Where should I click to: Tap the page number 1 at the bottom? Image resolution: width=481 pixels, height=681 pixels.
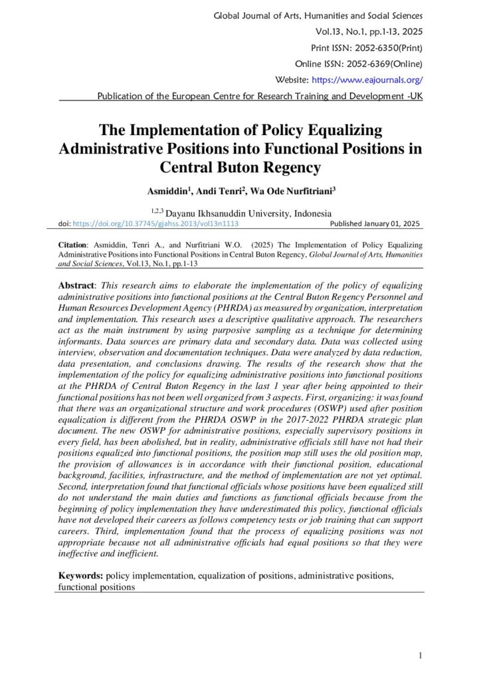421,656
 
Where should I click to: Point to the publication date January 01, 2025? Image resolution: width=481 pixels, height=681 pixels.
393,224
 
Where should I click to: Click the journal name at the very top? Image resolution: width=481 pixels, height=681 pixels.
318,15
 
